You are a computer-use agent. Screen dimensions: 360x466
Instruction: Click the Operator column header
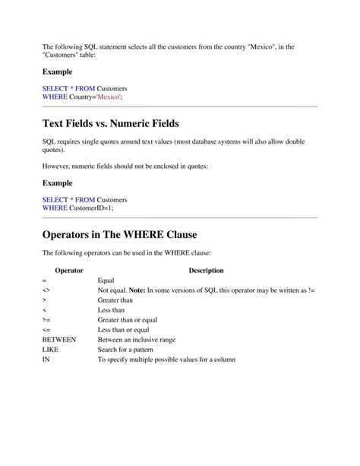(69, 270)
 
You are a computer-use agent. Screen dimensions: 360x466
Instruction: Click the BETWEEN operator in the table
(59, 340)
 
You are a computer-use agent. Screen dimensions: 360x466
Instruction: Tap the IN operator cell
(46, 360)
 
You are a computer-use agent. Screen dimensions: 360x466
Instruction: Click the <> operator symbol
(46, 290)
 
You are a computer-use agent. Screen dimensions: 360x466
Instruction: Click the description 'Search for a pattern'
(131, 350)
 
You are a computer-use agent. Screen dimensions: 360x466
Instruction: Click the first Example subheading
(58, 71)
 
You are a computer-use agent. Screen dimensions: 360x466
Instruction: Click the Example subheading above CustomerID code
(58, 182)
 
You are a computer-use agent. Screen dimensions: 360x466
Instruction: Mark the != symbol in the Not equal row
(312, 290)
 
